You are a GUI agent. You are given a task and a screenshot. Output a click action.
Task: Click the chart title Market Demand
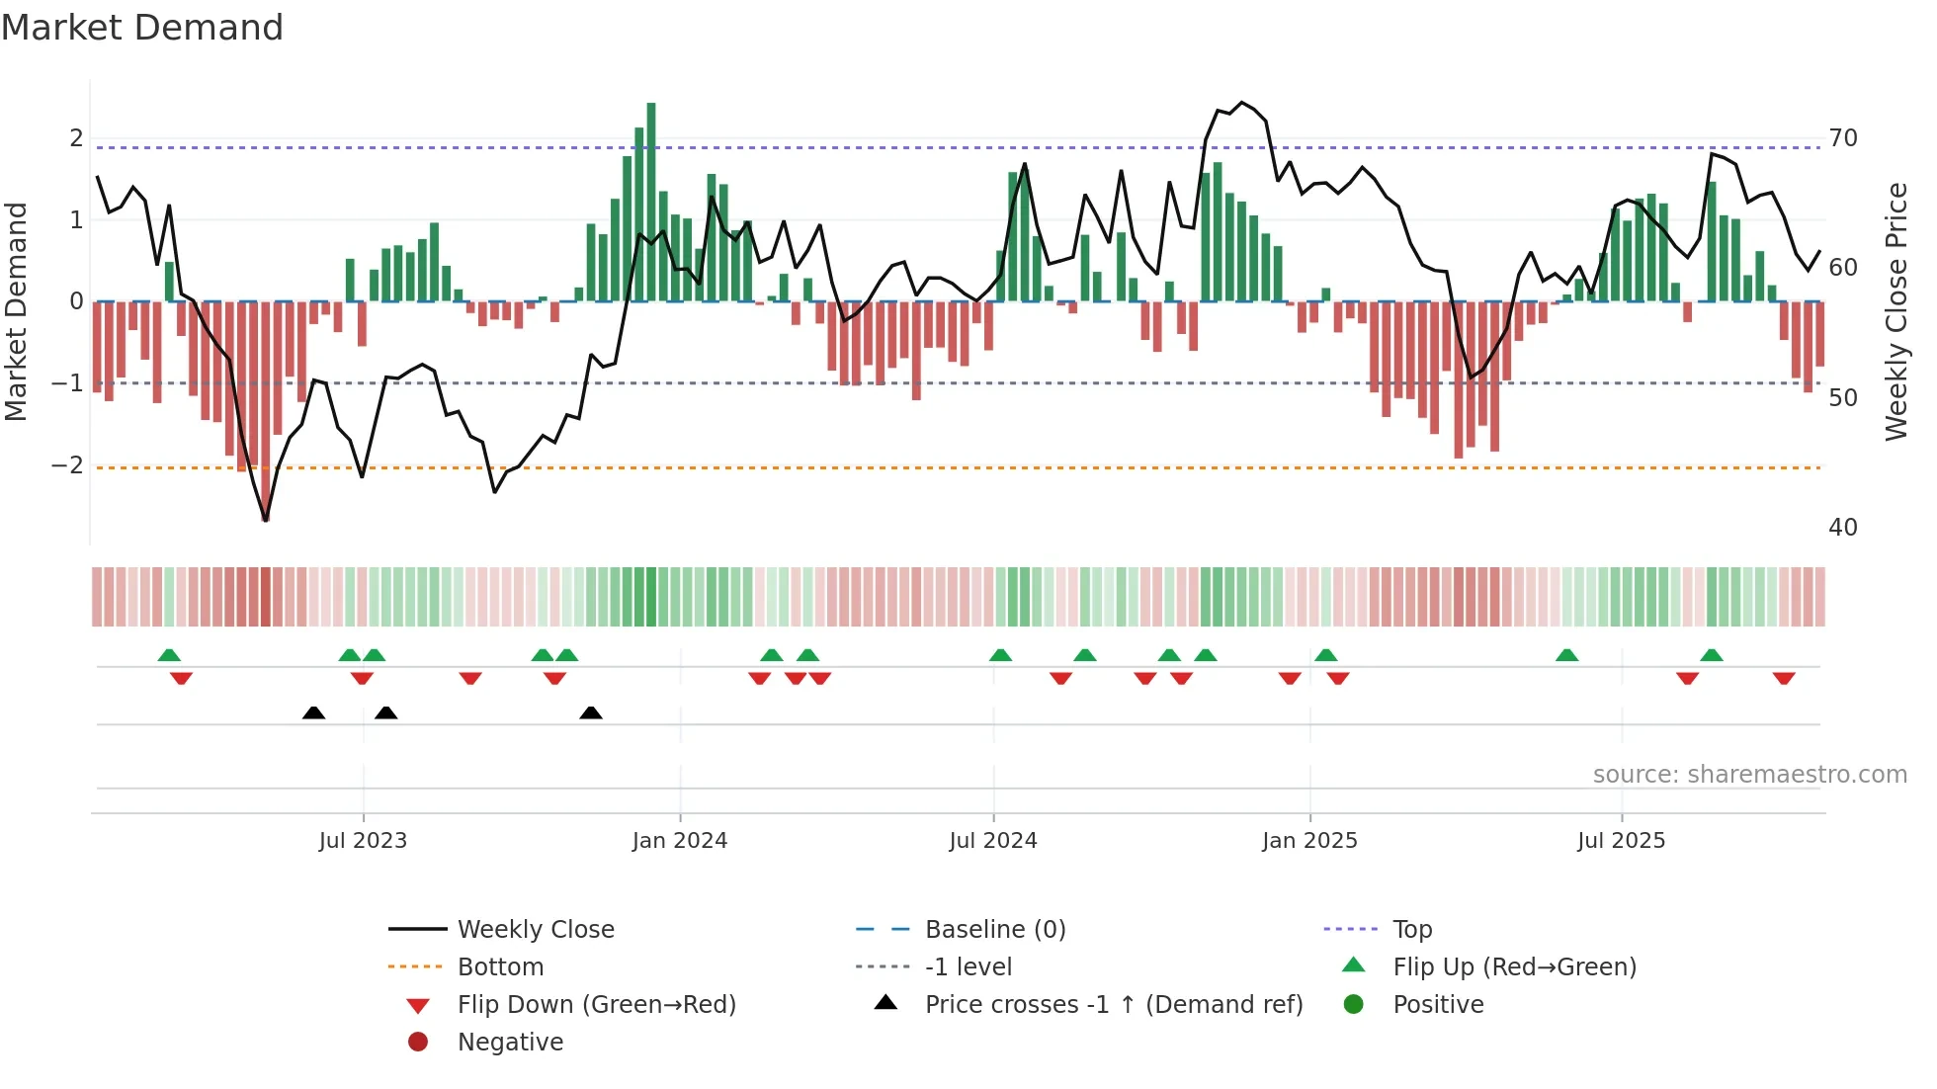click(x=142, y=28)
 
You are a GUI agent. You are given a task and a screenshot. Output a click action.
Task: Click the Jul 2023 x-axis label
click(x=363, y=841)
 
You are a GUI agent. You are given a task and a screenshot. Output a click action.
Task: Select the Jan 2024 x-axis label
click(x=680, y=841)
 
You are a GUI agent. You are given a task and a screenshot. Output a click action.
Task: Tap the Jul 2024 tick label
click(x=993, y=841)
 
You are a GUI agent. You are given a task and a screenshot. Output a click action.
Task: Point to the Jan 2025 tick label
click(x=1309, y=841)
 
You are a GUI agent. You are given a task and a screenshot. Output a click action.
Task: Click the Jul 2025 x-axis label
click(x=1621, y=841)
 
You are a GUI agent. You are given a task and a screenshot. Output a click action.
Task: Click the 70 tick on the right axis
click(x=1843, y=138)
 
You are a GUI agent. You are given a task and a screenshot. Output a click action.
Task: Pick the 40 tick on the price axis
click(x=1843, y=528)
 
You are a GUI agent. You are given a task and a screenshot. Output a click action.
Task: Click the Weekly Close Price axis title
click(x=1896, y=311)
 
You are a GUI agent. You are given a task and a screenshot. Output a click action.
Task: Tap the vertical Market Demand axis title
click(x=16, y=311)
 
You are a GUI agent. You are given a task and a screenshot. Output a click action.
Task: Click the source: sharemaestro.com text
click(x=1749, y=775)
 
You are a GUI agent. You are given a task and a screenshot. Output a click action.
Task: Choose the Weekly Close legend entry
click(x=535, y=930)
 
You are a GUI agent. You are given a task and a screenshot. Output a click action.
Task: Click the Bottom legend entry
click(x=500, y=967)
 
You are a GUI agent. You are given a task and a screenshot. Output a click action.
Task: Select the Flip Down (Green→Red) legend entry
click(x=596, y=1005)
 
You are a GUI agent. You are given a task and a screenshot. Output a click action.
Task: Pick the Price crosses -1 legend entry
click(x=1113, y=1005)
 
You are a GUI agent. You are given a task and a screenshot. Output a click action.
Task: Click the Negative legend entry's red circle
click(x=418, y=1043)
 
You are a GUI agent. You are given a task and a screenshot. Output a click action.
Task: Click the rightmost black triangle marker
click(x=591, y=712)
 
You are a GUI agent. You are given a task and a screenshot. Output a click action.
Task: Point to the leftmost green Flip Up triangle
click(x=169, y=655)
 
